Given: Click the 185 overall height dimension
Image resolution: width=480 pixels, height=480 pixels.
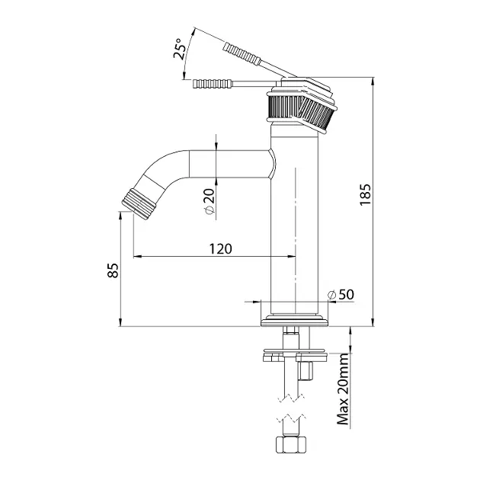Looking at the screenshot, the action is coord(365,195).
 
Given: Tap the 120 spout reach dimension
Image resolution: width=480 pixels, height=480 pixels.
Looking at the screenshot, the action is coord(220,248).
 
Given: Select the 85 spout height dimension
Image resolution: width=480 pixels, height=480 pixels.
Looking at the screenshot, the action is coord(113,270).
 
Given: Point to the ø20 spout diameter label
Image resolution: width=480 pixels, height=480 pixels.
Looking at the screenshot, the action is coord(210,201).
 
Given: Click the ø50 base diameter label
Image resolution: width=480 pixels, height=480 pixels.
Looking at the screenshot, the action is coord(341,295).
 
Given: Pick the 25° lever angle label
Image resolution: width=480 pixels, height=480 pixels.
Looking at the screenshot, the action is coord(179,48).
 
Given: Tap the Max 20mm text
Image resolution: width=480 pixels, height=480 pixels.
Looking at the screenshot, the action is coord(343,389).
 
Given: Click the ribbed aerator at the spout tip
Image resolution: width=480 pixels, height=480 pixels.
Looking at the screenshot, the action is coord(139,204).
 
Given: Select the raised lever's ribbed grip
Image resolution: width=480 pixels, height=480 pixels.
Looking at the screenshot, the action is coord(242,54).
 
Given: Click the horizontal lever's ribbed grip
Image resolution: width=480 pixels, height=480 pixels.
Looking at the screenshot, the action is coord(212,84).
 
